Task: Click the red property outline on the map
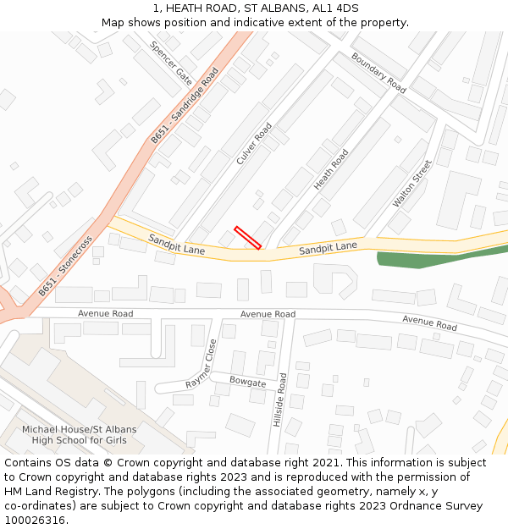tap(247, 238)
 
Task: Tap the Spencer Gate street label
tap(171, 63)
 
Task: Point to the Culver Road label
tap(254, 144)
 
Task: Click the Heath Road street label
tap(331, 169)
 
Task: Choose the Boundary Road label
tap(378, 73)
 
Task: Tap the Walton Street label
tap(412, 184)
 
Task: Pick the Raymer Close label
tap(202, 364)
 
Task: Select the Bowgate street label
tap(247, 382)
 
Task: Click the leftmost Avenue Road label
tap(105, 313)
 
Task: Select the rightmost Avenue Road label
tap(429, 322)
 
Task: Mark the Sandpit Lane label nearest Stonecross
tap(177, 245)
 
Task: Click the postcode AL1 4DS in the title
tap(336, 8)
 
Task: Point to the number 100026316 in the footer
tap(35, 521)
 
